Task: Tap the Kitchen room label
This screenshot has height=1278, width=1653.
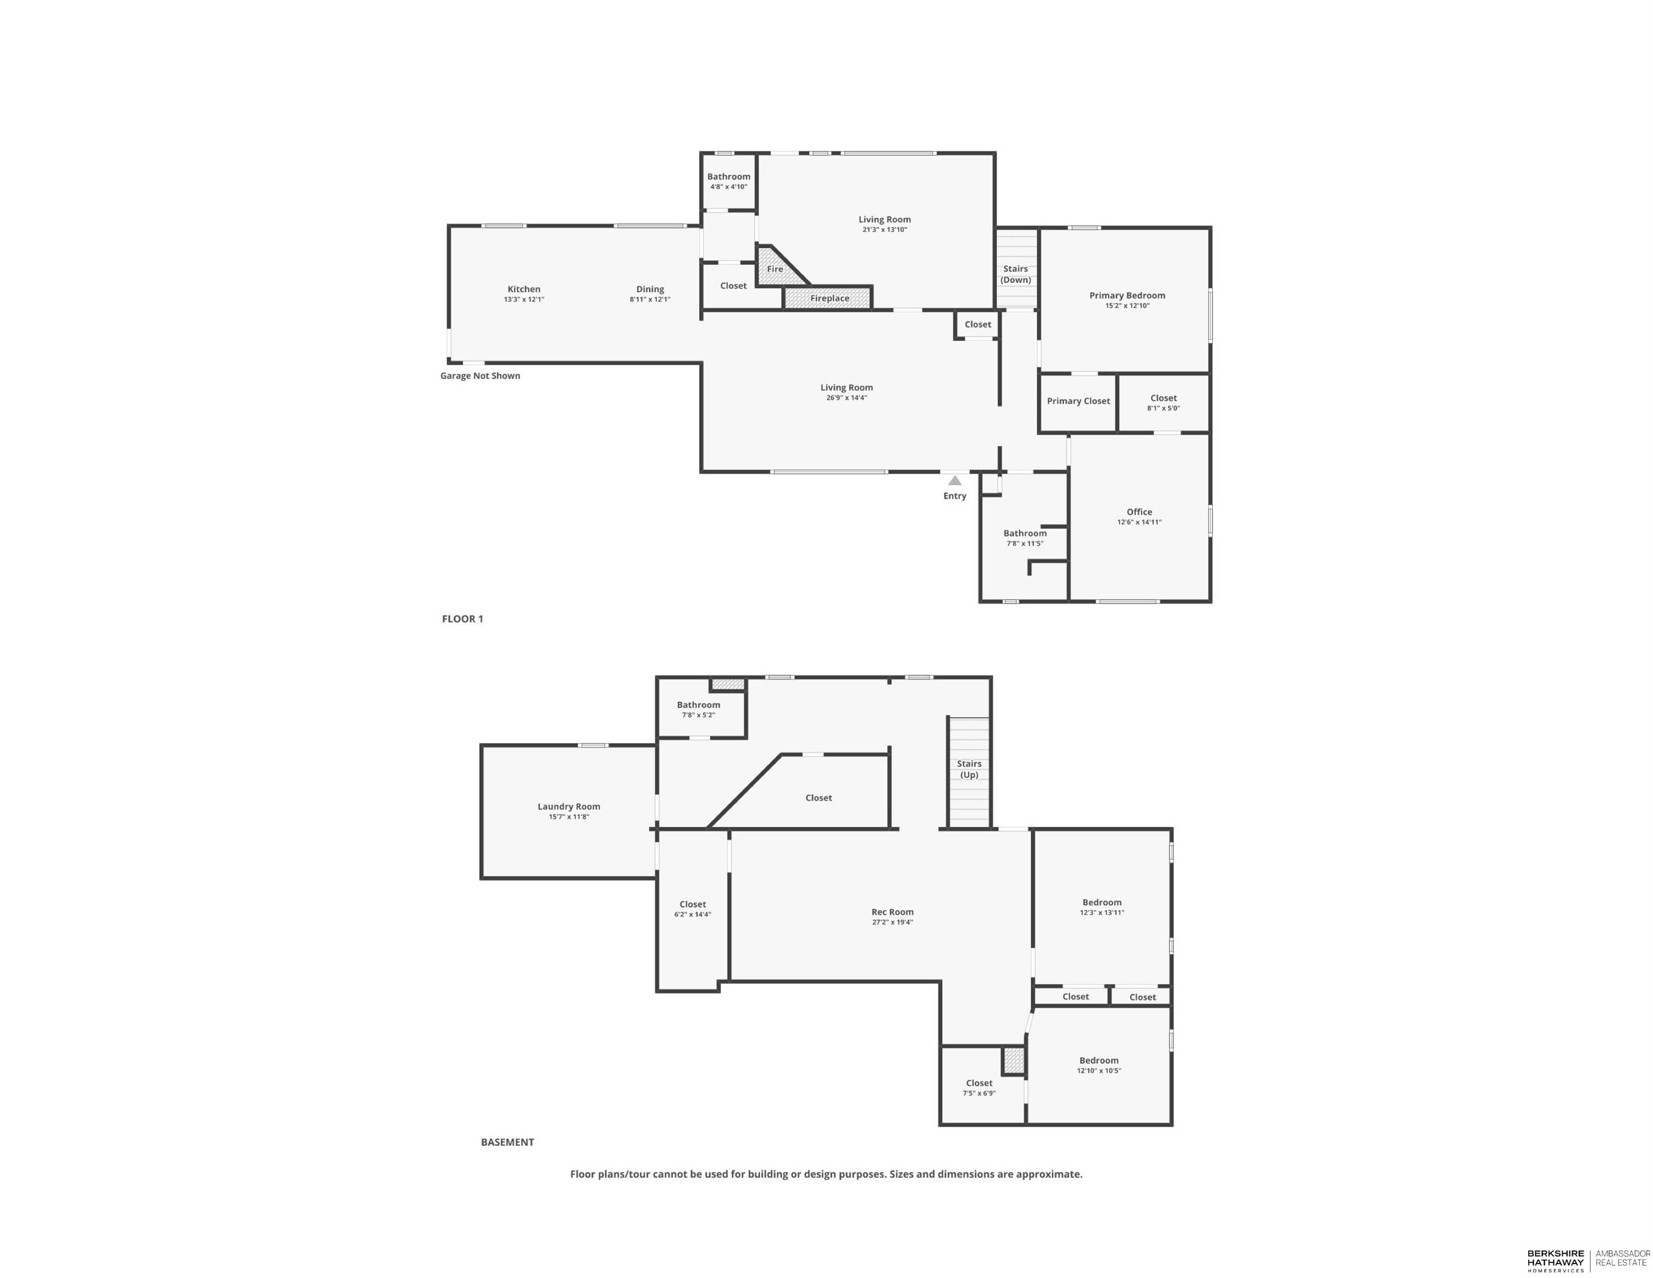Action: tap(524, 289)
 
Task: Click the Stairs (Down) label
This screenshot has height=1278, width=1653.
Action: tap(1016, 274)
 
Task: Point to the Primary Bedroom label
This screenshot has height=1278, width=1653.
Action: tap(1127, 295)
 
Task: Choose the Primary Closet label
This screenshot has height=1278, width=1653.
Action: tap(1079, 401)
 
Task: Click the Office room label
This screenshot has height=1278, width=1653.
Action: tap(1139, 512)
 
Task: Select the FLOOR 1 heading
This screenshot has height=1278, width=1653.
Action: tap(462, 618)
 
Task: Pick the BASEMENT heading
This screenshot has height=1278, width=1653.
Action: tap(507, 1142)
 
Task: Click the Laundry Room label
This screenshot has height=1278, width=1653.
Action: tap(568, 807)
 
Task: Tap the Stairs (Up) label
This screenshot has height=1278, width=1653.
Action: tap(969, 769)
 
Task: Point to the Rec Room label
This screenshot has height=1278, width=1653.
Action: tap(892, 911)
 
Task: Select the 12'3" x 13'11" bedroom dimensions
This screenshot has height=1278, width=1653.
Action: tap(1102, 913)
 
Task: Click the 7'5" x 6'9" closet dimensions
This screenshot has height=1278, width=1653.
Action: tap(979, 1093)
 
